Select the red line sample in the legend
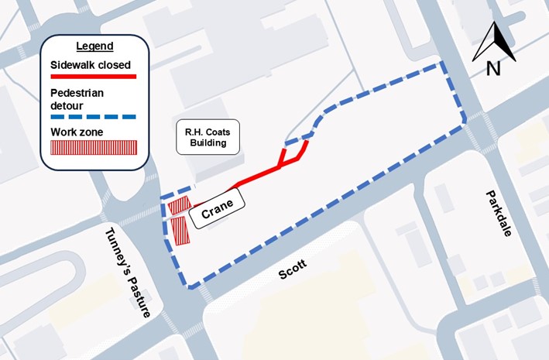click(93, 77)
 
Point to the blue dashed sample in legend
click(93, 117)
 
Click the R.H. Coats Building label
click(206, 137)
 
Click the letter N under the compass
click(493, 69)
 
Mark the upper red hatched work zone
click(179, 205)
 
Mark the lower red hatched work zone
click(180, 230)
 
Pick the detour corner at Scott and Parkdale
click(465, 122)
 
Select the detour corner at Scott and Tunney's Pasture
click(188, 287)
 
